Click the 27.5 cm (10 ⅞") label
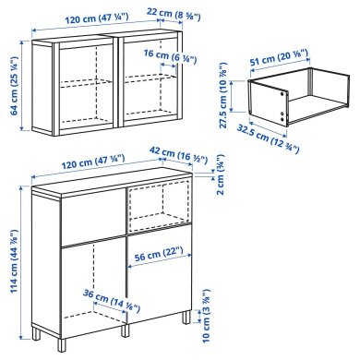click(x=222, y=92)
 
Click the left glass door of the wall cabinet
click(x=73, y=80)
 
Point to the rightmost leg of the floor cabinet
click(x=187, y=317)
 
